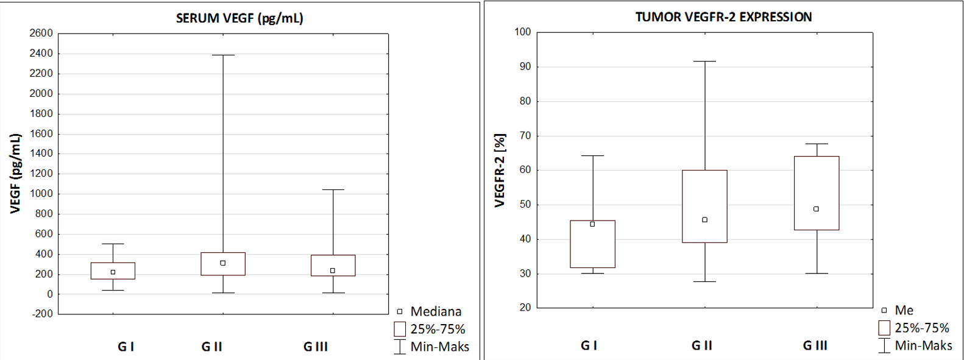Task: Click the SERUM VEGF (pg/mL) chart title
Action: (x=239, y=18)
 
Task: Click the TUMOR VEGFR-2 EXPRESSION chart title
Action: (x=723, y=17)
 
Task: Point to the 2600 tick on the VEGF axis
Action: (x=41, y=34)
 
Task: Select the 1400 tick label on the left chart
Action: (x=41, y=154)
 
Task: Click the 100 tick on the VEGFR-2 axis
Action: (x=523, y=32)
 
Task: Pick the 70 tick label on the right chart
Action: (x=525, y=136)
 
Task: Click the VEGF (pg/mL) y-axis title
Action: (x=16, y=174)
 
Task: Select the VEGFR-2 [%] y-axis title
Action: (x=500, y=171)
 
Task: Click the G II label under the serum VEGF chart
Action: (x=211, y=347)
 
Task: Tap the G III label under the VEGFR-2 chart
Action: (x=815, y=345)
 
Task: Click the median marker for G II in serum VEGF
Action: (x=223, y=263)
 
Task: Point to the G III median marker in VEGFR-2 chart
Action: (x=817, y=209)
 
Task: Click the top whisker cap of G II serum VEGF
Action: (x=223, y=55)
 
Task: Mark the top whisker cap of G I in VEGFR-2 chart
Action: (x=592, y=156)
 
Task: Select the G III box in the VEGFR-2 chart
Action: (x=817, y=193)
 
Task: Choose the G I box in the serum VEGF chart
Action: (x=113, y=271)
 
